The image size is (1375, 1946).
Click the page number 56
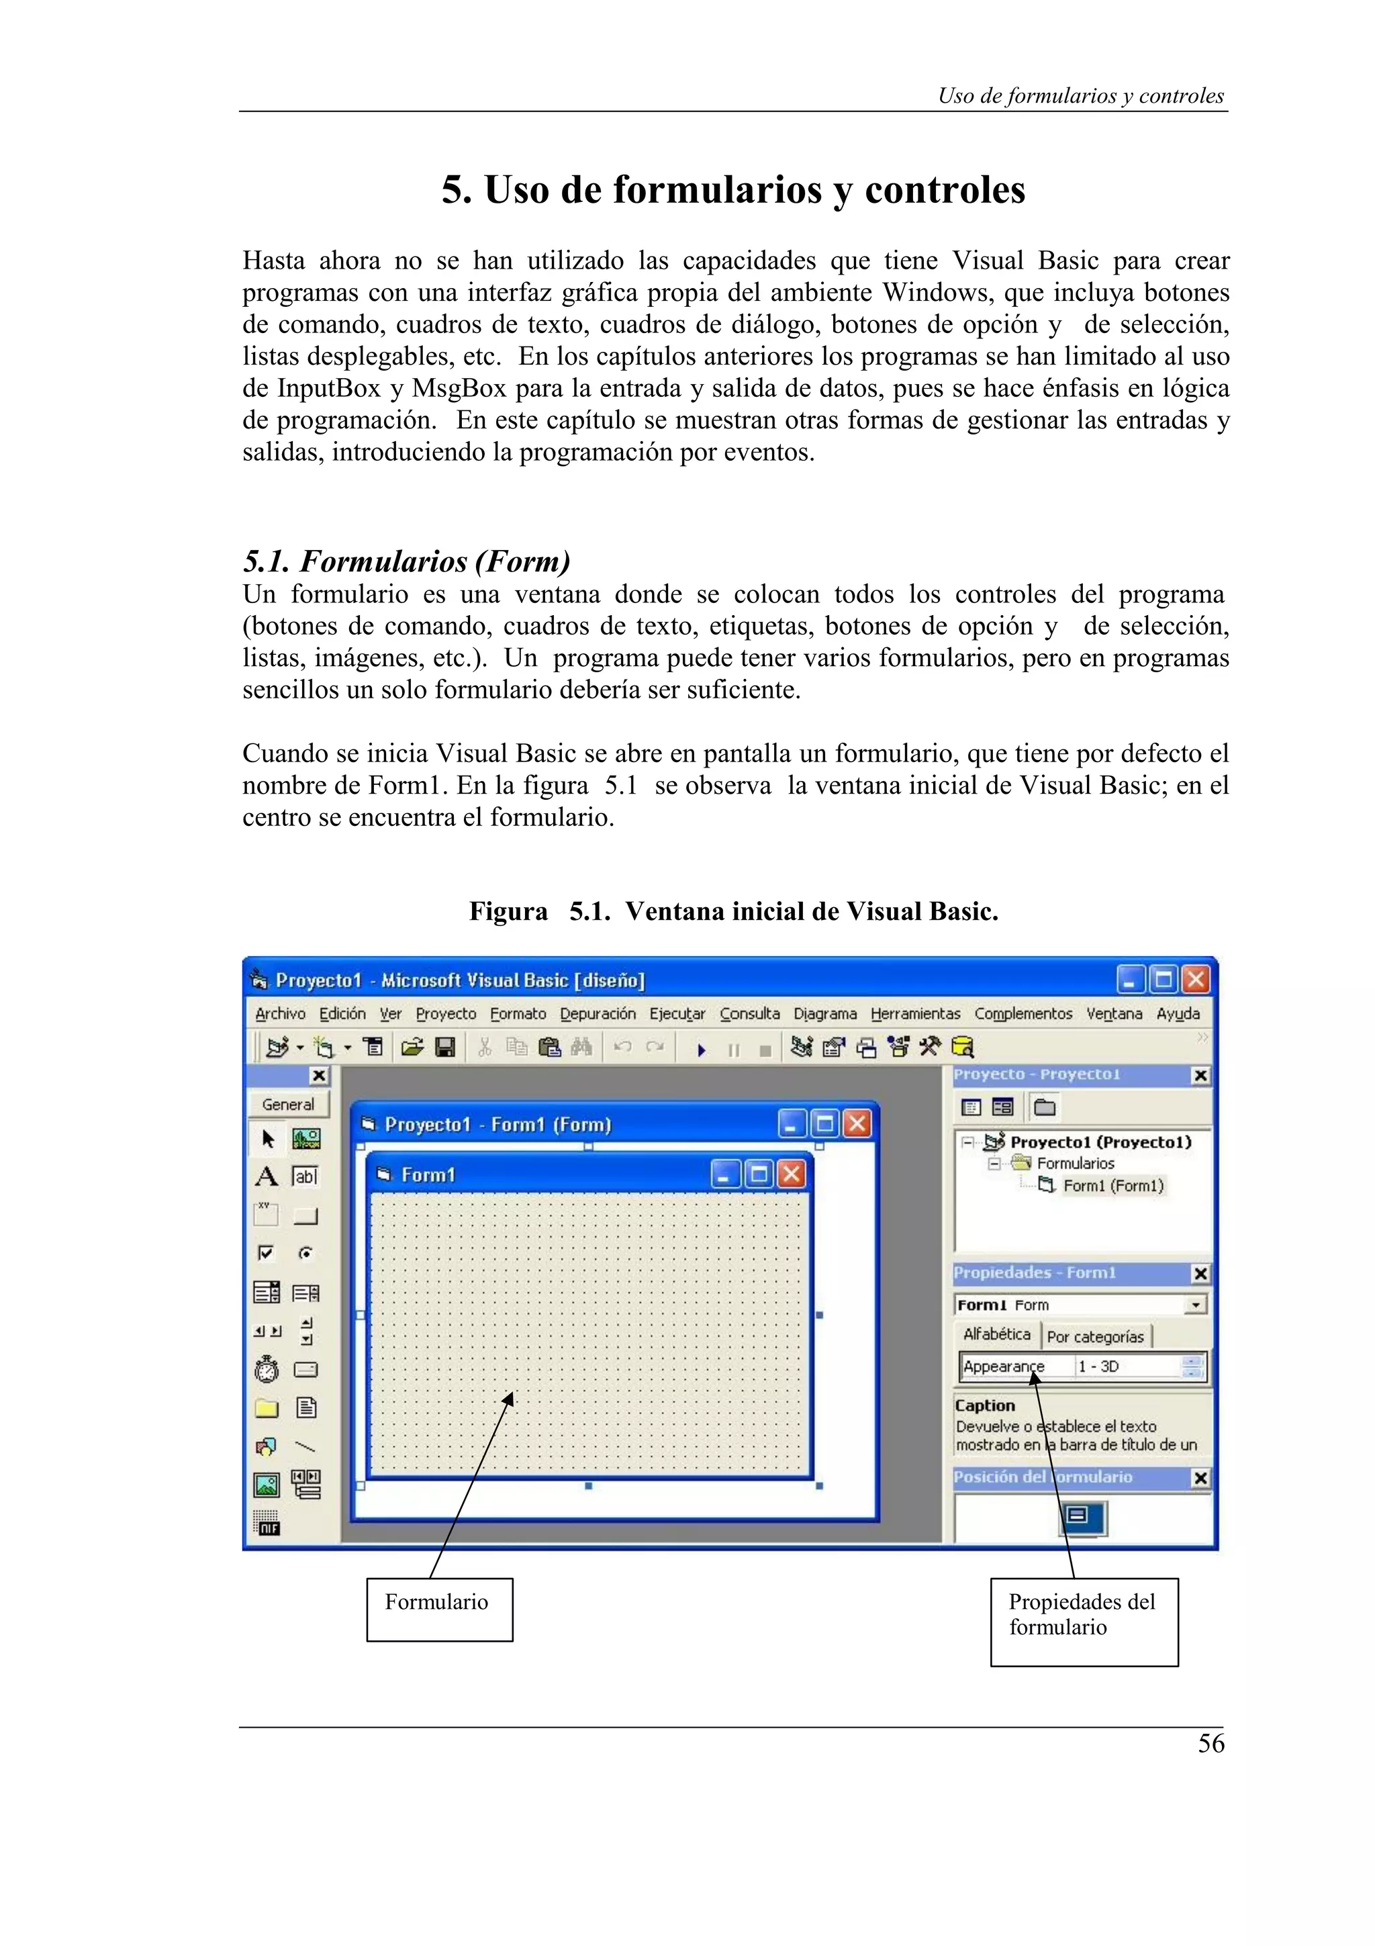point(1211,1743)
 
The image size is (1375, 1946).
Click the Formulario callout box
point(439,1609)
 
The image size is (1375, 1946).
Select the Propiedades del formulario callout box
point(1084,1622)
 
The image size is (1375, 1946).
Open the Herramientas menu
point(915,1014)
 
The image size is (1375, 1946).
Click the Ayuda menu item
point(1178,1014)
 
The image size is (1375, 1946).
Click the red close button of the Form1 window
point(792,1174)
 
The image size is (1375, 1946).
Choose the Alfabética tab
point(996,1335)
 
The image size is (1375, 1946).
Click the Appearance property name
point(1004,1366)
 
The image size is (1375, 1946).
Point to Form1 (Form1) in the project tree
point(1112,1186)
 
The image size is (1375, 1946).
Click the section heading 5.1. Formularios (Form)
point(407,561)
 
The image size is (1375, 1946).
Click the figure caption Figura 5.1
point(734,912)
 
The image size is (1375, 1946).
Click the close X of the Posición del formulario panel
point(1200,1478)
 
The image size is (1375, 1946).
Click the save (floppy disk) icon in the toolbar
point(444,1048)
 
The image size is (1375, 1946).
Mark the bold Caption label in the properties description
point(984,1405)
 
